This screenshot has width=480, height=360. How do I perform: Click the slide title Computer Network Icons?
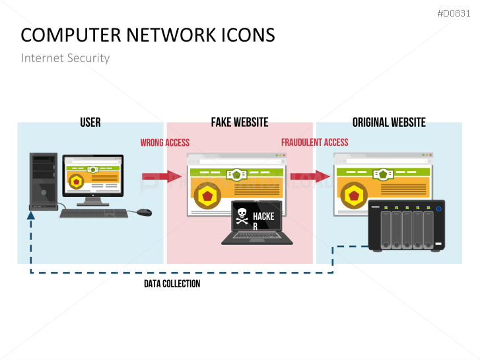click(x=147, y=35)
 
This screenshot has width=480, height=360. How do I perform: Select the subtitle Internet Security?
click(x=65, y=58)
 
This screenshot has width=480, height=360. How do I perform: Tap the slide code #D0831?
click(x=455, y=13)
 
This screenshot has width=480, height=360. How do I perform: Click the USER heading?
click(x=90, y=122)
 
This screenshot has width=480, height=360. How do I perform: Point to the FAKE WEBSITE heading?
click(x=240, y=122)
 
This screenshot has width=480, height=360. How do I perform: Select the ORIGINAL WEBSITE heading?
click(x=389, y=122)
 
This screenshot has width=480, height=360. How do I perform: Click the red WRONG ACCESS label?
click(x=164, y=143)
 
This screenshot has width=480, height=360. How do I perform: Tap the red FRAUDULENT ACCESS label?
click(x=314, y=143)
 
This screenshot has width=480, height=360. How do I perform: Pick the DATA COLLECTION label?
click(x=172, y=283)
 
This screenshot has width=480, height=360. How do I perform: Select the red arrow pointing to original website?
click(x=310, y=176)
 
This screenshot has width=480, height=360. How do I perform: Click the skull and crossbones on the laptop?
click(x=242, y=217)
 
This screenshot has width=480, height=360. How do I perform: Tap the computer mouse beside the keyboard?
click(x=144, y=212)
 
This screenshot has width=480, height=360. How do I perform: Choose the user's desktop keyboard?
click(x=94, y=213)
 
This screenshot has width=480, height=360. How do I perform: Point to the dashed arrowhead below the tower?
click(x=31, y=215)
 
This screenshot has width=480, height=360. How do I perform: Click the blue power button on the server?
click(x=438, y=209)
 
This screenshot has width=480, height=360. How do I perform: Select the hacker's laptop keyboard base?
click(x=257, y=238)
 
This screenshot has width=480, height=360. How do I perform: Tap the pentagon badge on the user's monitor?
click(x=77, y=181)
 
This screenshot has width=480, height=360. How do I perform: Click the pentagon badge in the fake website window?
click(x=208, y=195)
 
